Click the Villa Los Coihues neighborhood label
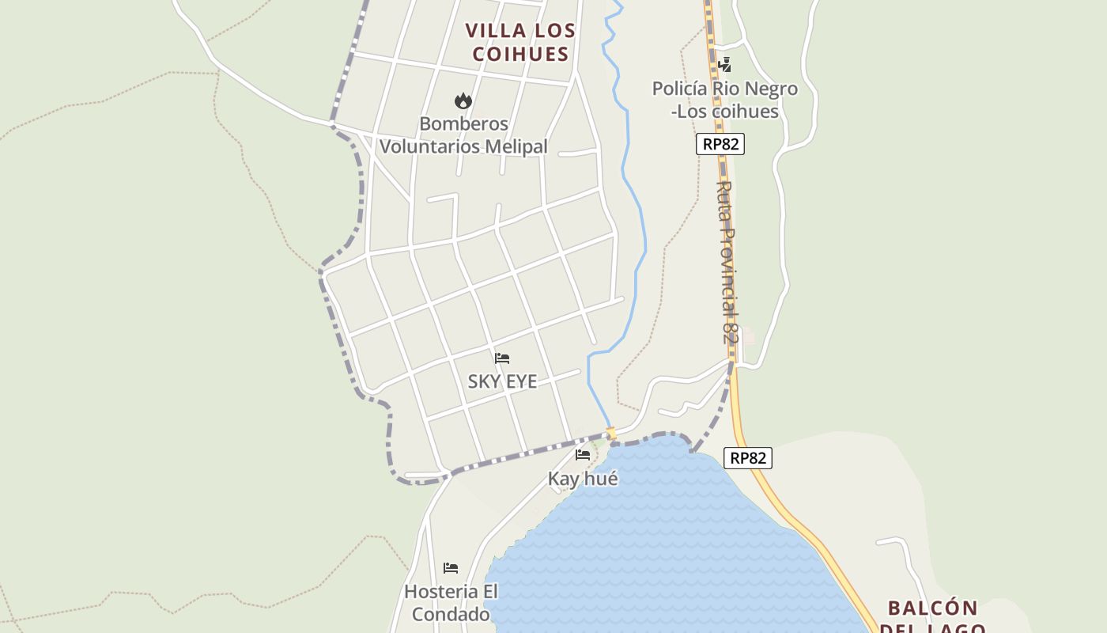519,42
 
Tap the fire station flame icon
463,100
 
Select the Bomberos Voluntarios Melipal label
463,135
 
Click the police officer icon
724,65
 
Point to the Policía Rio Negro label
724,100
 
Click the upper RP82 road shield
720,144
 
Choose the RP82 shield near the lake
747,458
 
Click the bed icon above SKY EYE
502,358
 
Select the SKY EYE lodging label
502,381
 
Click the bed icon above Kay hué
583,455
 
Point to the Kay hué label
583,479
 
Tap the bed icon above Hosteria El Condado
451,568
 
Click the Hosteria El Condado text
451,602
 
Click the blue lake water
672,538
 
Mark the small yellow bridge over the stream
610,433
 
